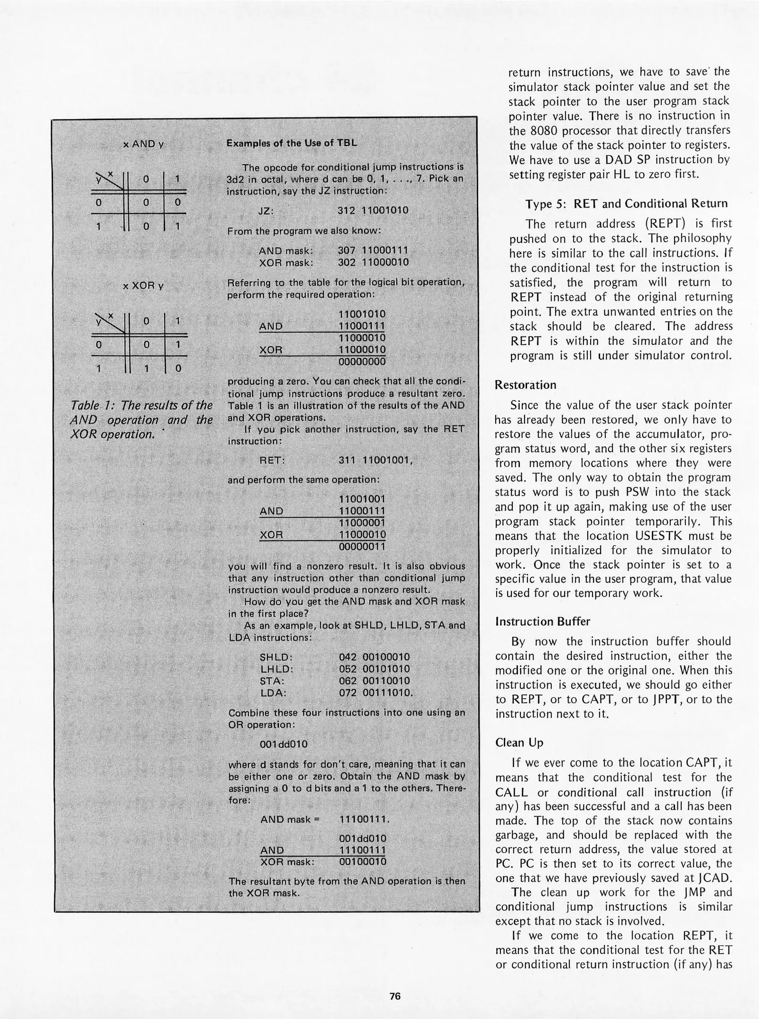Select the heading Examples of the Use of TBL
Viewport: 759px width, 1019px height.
tap(292, 143)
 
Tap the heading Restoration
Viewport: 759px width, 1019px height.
tap(525, 384)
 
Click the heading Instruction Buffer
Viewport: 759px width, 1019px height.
tap(542, 621)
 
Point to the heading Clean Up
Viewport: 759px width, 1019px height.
tap(519, 743)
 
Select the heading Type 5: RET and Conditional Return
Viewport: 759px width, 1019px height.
tap(626, 203)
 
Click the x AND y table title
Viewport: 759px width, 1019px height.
tap(143, 144)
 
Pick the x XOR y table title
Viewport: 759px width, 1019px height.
tap(143, 286)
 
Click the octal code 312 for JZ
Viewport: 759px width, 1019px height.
tap(346, 210)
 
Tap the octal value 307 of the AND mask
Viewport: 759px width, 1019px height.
tap(346, 250)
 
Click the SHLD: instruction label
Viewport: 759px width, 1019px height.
tap(276, 657)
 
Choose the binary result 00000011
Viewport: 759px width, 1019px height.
tap(362, 547)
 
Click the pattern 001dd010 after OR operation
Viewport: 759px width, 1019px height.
tap(284, 744)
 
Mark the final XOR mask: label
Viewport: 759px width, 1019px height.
tap(287, 862)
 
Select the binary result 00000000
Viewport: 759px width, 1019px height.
tap(362, 362)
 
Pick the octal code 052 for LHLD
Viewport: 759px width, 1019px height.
tap(347, 669)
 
